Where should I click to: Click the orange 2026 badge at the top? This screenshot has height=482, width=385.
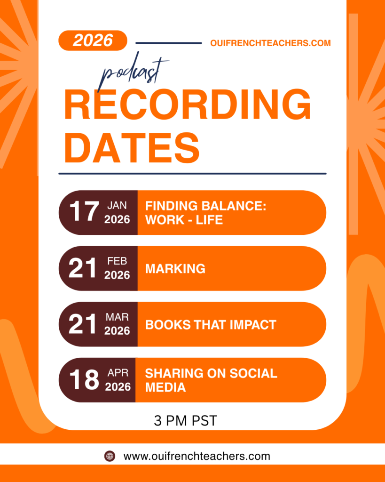93,40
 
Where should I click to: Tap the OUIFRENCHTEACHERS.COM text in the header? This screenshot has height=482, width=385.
270,43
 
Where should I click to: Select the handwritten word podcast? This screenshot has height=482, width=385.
133,72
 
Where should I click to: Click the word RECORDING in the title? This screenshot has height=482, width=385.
188,104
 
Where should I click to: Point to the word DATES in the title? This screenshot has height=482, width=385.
132,148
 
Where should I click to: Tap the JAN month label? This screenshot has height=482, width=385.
117,205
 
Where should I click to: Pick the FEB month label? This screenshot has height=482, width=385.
117,261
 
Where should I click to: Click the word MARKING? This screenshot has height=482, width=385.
175,269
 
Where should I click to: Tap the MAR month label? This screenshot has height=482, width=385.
117,317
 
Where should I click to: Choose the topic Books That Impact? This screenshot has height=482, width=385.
211,325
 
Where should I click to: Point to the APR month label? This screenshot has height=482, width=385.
118,373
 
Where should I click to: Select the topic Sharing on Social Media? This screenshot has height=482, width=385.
211,380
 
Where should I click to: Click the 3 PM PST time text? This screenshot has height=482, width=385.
185,420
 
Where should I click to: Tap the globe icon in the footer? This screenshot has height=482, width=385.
110,456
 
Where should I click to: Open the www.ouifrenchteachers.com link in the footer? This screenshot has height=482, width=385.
197,456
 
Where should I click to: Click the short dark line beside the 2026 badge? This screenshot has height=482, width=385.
169,43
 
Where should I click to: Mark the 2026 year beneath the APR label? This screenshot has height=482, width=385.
118,387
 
